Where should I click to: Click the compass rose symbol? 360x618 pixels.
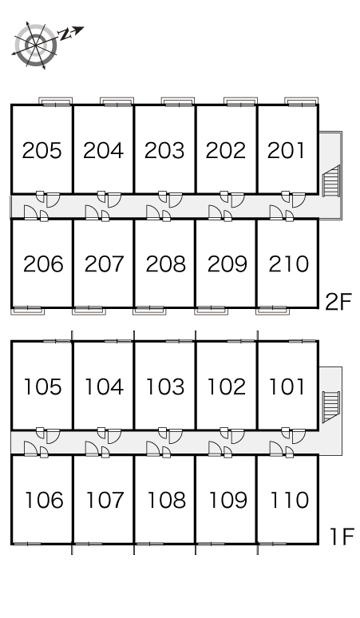(x=36, y=46)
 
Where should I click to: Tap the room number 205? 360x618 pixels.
(x=42, y=150)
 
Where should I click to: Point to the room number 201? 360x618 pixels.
(x=286, y=150)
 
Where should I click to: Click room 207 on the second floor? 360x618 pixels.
(x=104, y=263)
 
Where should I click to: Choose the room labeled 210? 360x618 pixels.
(x=288, y=263)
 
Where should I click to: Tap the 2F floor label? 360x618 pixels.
(x=338, y=302)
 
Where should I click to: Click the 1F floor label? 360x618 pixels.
(x=341, y=537)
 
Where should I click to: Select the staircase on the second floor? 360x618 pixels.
(x=331, y=181)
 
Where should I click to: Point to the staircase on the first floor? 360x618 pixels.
(x=330, y=406)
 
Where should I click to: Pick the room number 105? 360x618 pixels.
(x=42, y=386)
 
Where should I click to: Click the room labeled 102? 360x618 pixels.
(x=226, y=386)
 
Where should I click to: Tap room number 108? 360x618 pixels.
(x=166, y=500)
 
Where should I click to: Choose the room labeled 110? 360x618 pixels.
(x=289, y=500)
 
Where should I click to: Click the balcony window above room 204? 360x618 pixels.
(x=117, y=101)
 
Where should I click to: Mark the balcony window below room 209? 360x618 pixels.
(x=211, y=310)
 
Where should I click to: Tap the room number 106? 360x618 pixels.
(x=44, y=500)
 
